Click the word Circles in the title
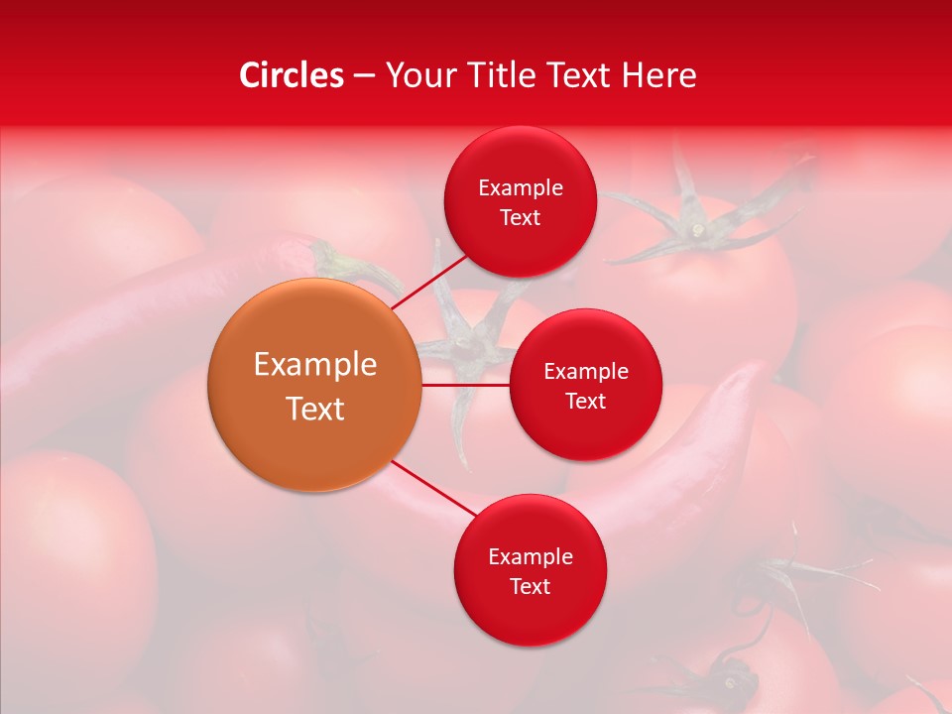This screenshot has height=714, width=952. click(291, 75)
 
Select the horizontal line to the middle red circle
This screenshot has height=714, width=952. click(466, 385)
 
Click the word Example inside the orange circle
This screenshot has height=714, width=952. click(315, 365)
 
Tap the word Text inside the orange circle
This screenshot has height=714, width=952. click(315, 409)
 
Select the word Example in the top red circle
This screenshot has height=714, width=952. click(521, 188)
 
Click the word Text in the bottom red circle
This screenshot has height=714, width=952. click(530, 586)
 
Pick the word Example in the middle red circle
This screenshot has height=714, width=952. click(586, 372)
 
